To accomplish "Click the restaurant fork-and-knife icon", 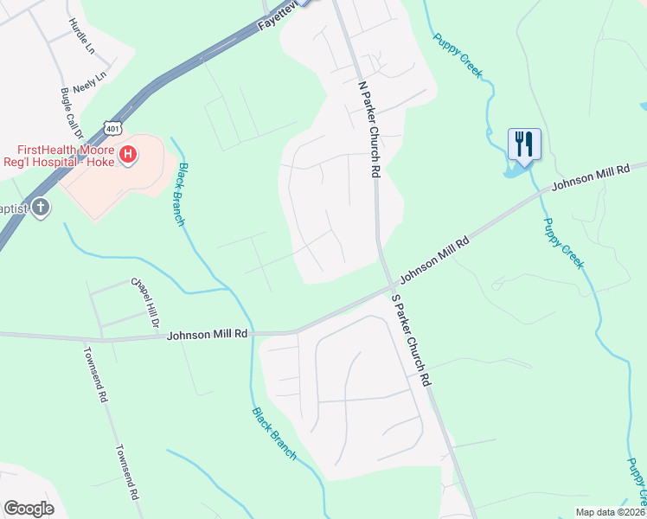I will click(x=523, y=144).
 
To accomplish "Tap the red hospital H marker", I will click(x=128, y=155).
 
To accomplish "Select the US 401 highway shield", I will click(x=112, y=127).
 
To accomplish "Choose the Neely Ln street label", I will click(x=89, y=82).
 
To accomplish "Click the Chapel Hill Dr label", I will click(x=145, y=302).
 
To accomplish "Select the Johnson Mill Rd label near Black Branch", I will click(x=208, y=334).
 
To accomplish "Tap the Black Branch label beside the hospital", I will click(x=181, y=194).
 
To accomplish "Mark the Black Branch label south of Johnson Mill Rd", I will click(x=274, y=432).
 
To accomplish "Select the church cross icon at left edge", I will click(x=40, y=208).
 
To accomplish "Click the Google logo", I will click(x=29, y=509).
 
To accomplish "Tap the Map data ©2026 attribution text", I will click(x=611, y=512).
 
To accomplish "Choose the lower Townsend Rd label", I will click(x=126, y=473).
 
